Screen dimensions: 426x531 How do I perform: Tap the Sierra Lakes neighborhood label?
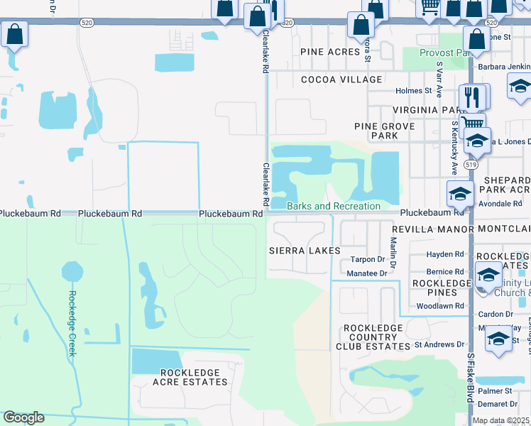tap(305, 251)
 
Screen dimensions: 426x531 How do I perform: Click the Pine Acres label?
tap(330, 52)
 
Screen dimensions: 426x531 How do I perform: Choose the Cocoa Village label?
tap(341, 80)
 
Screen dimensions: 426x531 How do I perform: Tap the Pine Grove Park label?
tap(384, 131)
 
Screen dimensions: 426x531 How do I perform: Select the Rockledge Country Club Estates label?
tap(373, 337)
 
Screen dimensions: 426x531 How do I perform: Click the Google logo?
tap(23, 417)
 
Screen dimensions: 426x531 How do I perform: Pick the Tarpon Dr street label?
tap(366, 260)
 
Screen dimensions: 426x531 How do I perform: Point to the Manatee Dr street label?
tap(366, 273)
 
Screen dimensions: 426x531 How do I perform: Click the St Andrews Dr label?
tap(439, 345)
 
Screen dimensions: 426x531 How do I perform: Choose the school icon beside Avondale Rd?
tap(460, 193)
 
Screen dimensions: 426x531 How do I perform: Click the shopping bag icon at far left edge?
tap(14, 35)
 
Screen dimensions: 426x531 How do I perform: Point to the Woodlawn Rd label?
tap(439, 307)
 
